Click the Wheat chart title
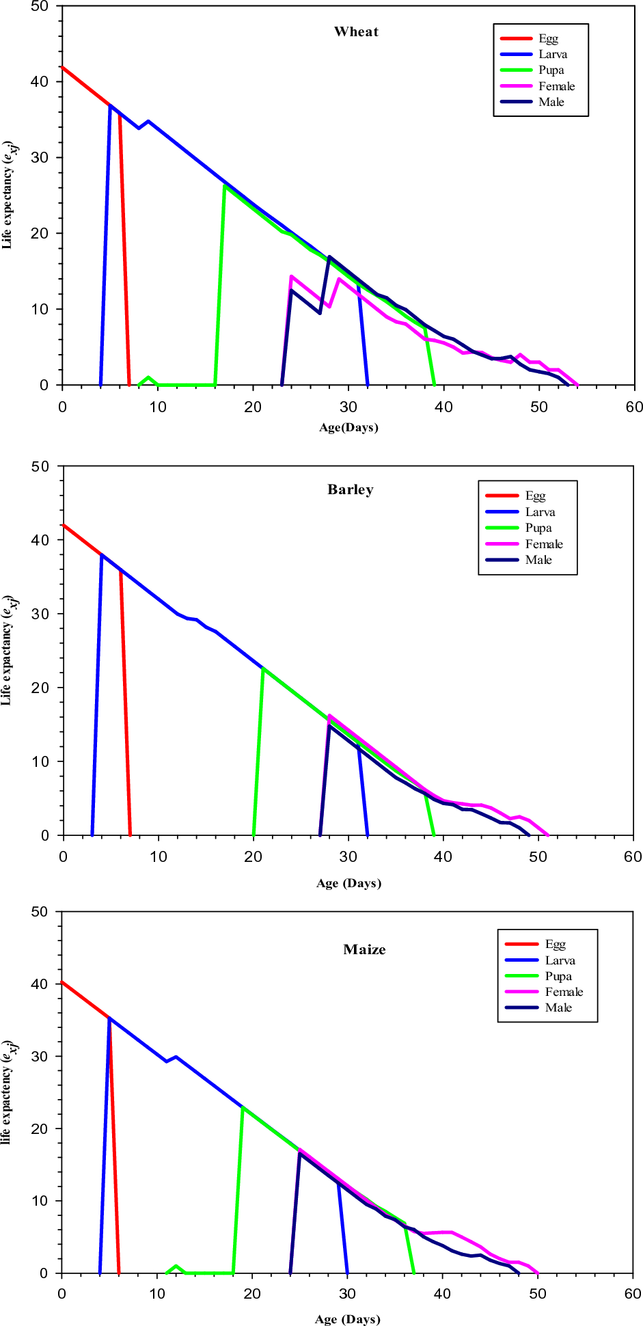[356, 32]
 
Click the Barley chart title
[351, 490]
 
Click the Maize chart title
[364, 949]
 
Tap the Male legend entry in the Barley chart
[538, 560]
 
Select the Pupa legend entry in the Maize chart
[558, 976]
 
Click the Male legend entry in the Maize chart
[558, 1007]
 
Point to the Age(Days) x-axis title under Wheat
[348, 428]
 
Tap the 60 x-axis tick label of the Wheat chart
[634, 407]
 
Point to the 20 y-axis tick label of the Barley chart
[40, 688]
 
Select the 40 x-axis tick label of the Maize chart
[442, 1294]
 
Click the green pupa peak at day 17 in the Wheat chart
[225, 186]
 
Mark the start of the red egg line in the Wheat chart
[62, 67]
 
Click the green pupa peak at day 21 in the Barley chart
[263, 668]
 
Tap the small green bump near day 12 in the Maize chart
[176, 1266]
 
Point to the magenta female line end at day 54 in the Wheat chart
[577, 385]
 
